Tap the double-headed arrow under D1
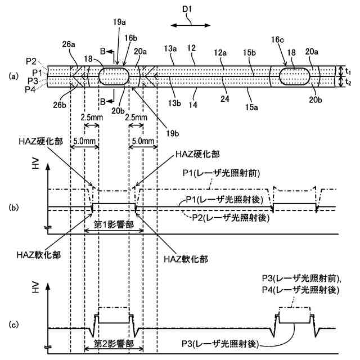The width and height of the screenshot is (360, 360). (191, 25)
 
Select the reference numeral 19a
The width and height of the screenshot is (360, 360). (119, 22)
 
